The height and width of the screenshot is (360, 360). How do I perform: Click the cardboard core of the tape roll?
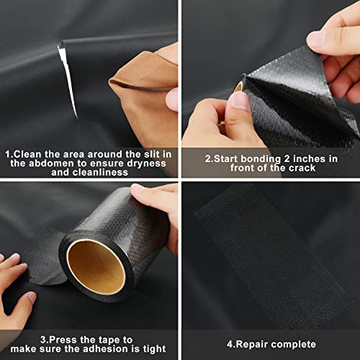(x=96, y=266)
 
